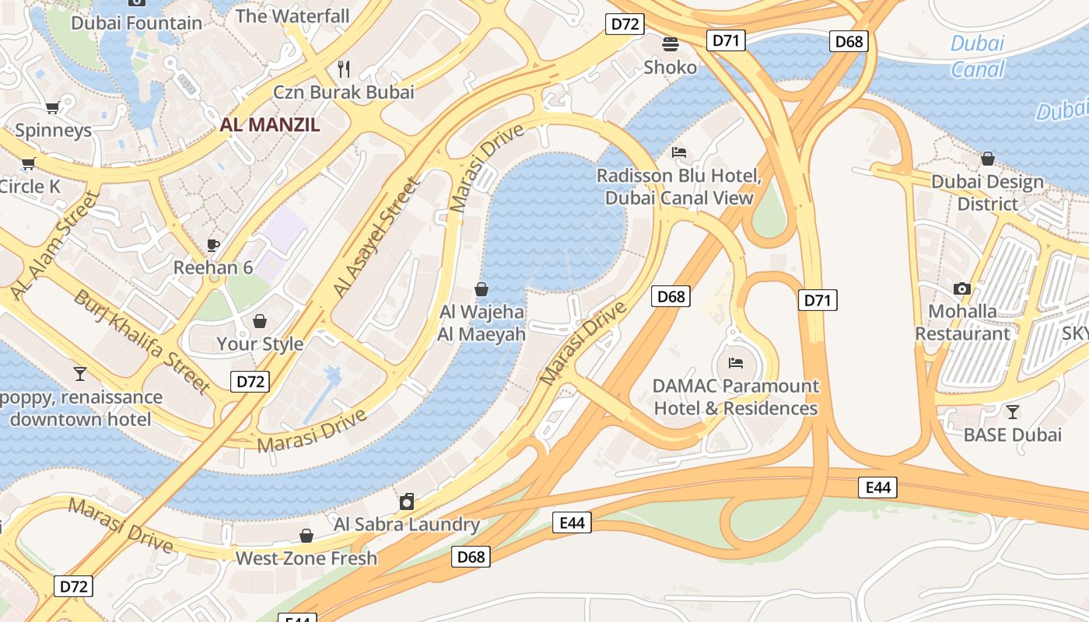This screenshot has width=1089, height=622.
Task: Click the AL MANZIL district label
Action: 269,124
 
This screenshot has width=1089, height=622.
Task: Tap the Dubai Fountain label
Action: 136,23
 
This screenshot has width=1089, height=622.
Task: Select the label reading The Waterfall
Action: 292,16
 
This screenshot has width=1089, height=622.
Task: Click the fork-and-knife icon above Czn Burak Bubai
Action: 344,69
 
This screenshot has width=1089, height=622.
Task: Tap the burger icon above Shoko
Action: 671,44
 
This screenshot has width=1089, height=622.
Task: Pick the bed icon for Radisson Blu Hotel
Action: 679,152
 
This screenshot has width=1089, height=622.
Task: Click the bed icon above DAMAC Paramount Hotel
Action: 735,362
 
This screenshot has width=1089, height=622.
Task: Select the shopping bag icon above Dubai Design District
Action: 987,159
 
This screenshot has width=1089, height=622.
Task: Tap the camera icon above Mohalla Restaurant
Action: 962,288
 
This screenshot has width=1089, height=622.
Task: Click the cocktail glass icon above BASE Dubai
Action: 1012,411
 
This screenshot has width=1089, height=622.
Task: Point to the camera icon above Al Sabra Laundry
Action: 406,501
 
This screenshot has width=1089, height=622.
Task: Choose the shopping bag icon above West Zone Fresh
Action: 306,536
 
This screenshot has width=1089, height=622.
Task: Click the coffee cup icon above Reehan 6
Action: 213,245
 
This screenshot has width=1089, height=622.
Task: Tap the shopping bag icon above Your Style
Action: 260,321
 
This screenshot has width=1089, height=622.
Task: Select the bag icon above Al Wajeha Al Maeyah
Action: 481,289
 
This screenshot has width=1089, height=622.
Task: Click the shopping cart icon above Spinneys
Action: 52,107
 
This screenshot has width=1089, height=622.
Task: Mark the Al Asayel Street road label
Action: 376,238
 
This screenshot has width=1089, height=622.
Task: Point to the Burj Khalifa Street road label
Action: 142,341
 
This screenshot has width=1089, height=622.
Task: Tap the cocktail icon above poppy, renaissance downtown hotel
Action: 80,374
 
